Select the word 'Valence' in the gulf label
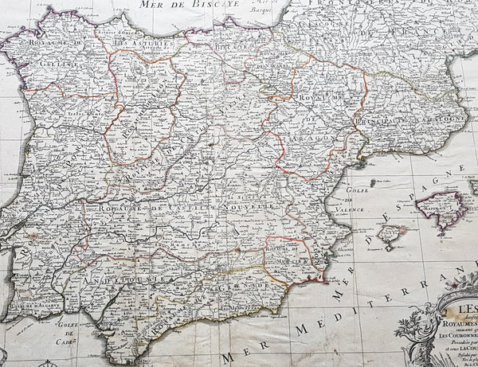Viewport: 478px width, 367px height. tap(336, 198)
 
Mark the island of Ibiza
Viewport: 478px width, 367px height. tap(390, 234)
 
